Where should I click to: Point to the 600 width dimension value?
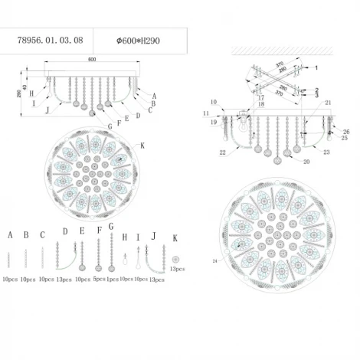click(93, 60)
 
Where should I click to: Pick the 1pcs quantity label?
click(112, 280)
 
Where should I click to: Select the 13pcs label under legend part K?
click(177, 270)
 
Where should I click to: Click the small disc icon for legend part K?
click(176, 259)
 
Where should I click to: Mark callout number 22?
click(221, 152)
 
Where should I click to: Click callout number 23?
click(326, 152)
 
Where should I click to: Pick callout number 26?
click(346, 132)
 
